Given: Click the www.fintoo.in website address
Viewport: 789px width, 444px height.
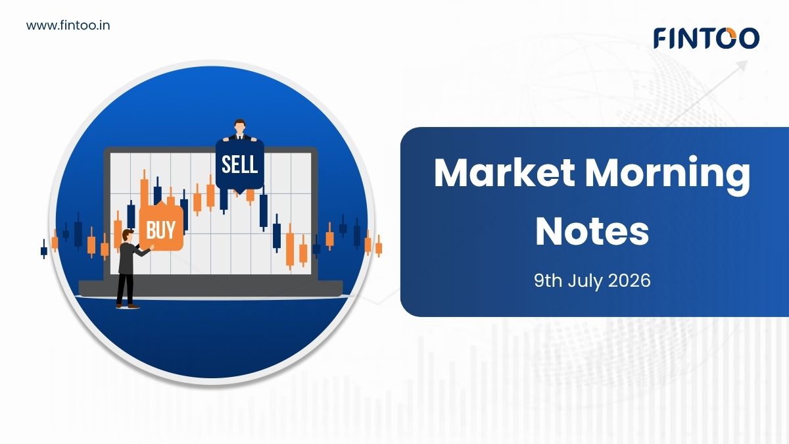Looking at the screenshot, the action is tap(68, 26).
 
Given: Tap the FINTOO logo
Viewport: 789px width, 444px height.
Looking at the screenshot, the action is tap(707, 38).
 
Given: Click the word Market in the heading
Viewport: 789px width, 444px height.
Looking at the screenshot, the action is tap(504, 174).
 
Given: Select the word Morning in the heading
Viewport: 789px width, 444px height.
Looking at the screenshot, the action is tap(667, 176).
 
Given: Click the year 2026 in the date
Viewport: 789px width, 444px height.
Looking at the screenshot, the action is tap(629, 281).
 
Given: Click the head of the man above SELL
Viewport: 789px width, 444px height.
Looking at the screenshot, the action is tap(239, 126).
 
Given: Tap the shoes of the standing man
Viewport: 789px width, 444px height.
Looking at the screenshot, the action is tap(128, 307).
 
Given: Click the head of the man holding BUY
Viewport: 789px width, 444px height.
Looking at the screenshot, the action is tap(128, 235).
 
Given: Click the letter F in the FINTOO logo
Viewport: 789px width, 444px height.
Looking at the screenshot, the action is tap(661, 38).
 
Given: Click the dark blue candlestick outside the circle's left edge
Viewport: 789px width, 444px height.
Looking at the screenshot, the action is tap(43, 249).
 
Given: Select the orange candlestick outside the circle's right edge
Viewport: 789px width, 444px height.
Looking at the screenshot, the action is tap(379, 246).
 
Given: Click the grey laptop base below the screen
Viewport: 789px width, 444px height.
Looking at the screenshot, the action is tap(210, 288).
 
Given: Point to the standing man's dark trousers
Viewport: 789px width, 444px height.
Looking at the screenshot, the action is tap(126, 289).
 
